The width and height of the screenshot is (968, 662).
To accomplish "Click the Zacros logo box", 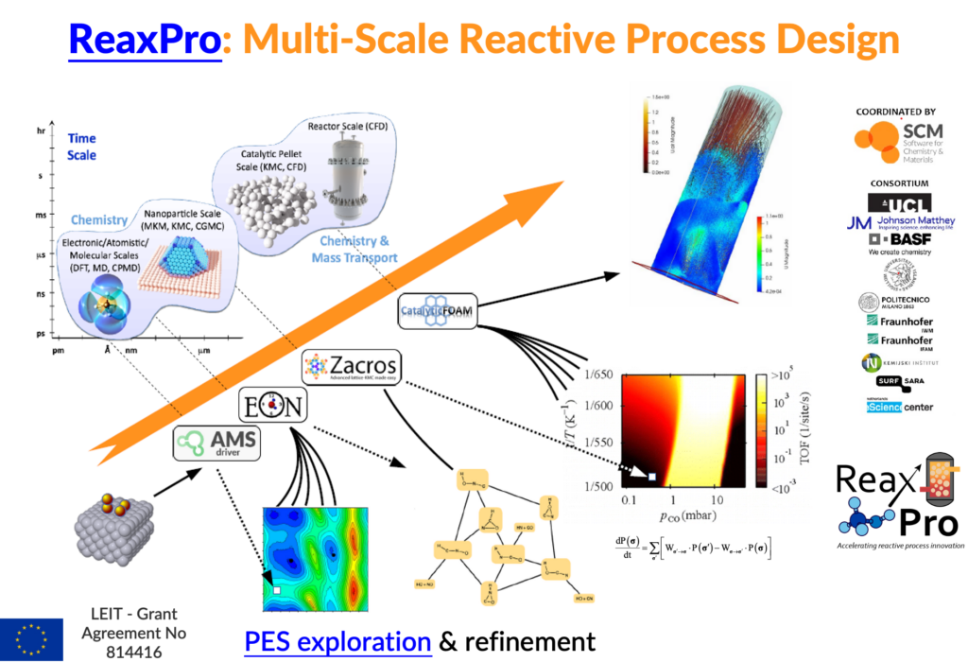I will coord(350,366).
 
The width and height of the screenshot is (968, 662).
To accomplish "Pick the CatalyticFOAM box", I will coord(441,312).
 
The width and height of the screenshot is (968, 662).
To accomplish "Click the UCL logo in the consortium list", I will coord(898,202).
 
